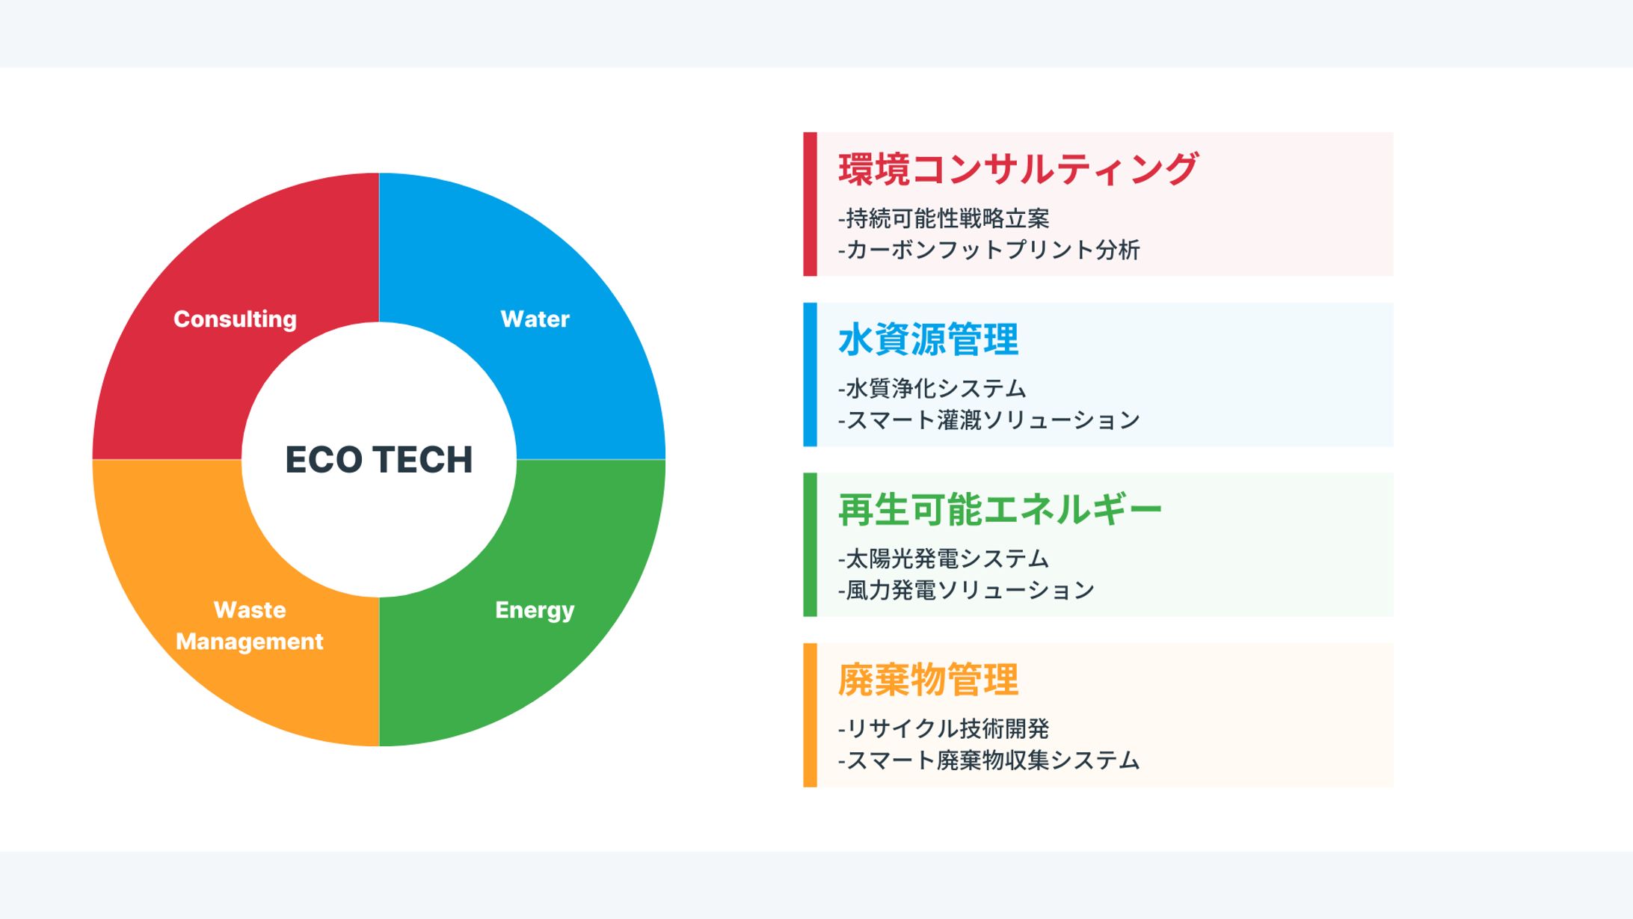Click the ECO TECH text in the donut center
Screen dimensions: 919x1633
coord(379,459)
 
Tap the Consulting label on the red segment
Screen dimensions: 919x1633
coord(235,319)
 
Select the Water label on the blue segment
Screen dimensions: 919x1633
coord(535,319)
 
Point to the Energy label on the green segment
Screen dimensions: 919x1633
coord(535,610)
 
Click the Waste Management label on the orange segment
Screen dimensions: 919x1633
coord(250,626)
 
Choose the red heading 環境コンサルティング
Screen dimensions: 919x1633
coord(1018,169)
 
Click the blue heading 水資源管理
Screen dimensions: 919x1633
coord(928,339)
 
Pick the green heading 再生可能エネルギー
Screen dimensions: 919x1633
coord(1000,510)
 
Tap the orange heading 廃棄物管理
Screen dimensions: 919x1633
coord(928,680)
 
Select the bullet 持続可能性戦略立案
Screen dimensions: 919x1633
coord(944,218)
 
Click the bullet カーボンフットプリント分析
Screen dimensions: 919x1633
coord(988,250)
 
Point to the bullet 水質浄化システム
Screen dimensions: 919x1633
coord(932,389)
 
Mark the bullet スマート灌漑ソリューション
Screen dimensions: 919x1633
coord(988,420)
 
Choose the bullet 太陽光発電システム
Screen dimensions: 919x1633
coord(944,559)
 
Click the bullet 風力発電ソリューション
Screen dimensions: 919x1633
coord(966,590)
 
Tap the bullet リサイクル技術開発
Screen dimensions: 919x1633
coord(944,728)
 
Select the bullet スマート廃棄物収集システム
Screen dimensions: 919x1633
coord(988,760)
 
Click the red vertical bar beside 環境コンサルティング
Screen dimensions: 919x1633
coord(810,204)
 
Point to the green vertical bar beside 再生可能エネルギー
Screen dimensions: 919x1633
coord(810,544)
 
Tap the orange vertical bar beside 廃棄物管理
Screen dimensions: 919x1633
coord(810,715)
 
